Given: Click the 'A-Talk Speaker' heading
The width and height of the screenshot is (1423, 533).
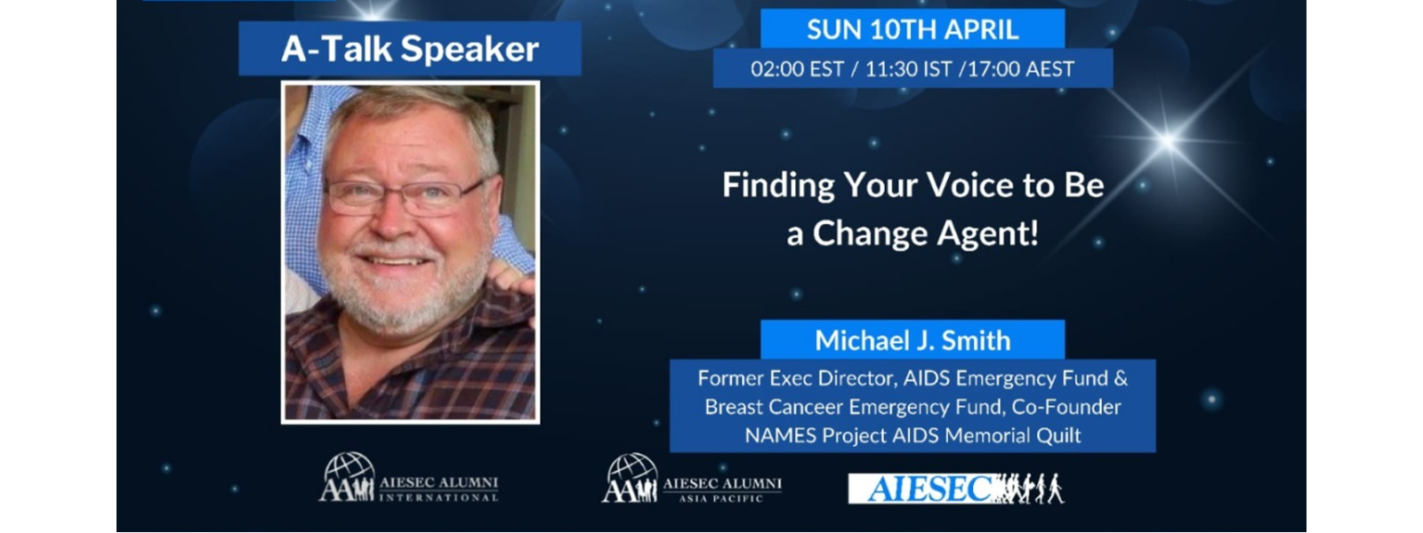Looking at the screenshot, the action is (410, 50).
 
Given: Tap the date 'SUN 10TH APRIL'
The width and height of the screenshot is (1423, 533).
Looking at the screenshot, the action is (912, 30).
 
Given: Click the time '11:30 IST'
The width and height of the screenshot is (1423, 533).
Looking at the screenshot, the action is (908, 68).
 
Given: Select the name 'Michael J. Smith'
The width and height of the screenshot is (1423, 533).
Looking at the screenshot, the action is (912, 341).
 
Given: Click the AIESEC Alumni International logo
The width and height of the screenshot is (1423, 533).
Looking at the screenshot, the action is (409, 479).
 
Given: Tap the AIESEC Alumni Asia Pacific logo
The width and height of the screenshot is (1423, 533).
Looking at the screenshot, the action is (692, 479).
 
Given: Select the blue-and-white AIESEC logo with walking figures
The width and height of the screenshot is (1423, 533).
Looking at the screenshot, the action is (956, 489).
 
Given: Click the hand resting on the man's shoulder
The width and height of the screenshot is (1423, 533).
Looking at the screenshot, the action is (512, 277).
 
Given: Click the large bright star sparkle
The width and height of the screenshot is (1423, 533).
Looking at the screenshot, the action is (1168, 141).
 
